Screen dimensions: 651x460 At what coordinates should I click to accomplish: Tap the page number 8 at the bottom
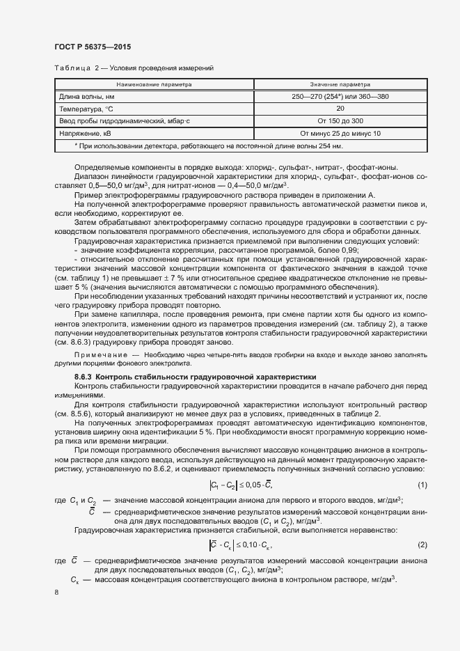point(56,592)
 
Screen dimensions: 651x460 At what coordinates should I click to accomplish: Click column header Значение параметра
point(340,84)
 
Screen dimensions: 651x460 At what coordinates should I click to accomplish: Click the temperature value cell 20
point(340,109)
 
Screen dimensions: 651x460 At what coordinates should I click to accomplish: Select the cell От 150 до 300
point(340,120)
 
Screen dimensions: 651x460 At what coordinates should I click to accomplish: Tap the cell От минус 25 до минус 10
point(340,132)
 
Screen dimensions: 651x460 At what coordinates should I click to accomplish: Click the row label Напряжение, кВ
point(82,132)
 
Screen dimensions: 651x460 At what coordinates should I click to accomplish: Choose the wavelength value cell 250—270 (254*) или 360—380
point(340,97)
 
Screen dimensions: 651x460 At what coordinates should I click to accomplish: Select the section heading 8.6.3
point(195,376)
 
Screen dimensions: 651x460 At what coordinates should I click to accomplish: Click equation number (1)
point(422,485)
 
